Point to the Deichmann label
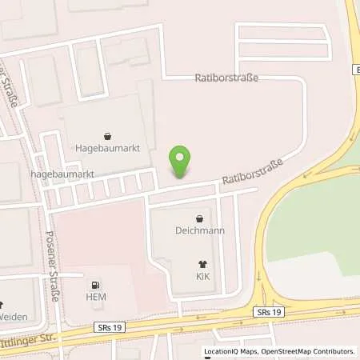pyautogui.click(x=200, y=230)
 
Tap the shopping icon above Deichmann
pyautogui.click(x=200, y=218)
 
